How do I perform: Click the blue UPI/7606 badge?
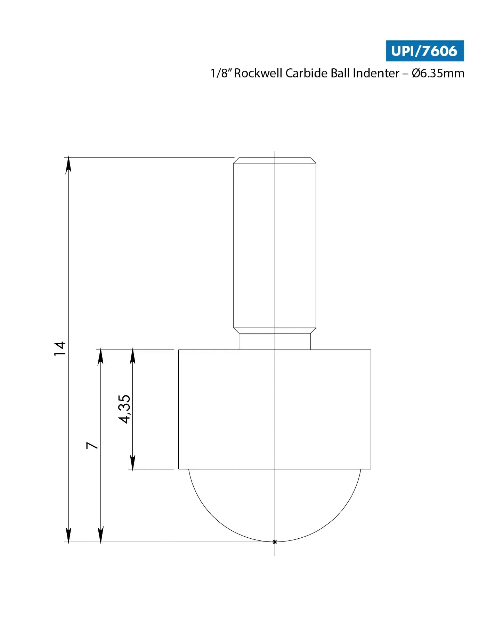[x=424, y=51]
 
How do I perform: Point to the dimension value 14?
[x=60, y=348]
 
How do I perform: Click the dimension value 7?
[x=92, y=445]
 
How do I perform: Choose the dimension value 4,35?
[x=124, y=409]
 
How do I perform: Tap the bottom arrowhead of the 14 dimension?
[x=68, y=535]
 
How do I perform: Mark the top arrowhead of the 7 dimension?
[x=100, y=356]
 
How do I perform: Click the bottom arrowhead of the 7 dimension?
[x=100, y=535]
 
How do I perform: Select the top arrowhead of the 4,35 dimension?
[x=132, y=356]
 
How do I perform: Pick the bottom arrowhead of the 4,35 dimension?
[x=132, y=463]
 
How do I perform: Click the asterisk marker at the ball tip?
[x=275, y=542]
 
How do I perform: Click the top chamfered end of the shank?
[x=275, y=160]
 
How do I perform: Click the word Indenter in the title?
[x=376, y=73]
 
